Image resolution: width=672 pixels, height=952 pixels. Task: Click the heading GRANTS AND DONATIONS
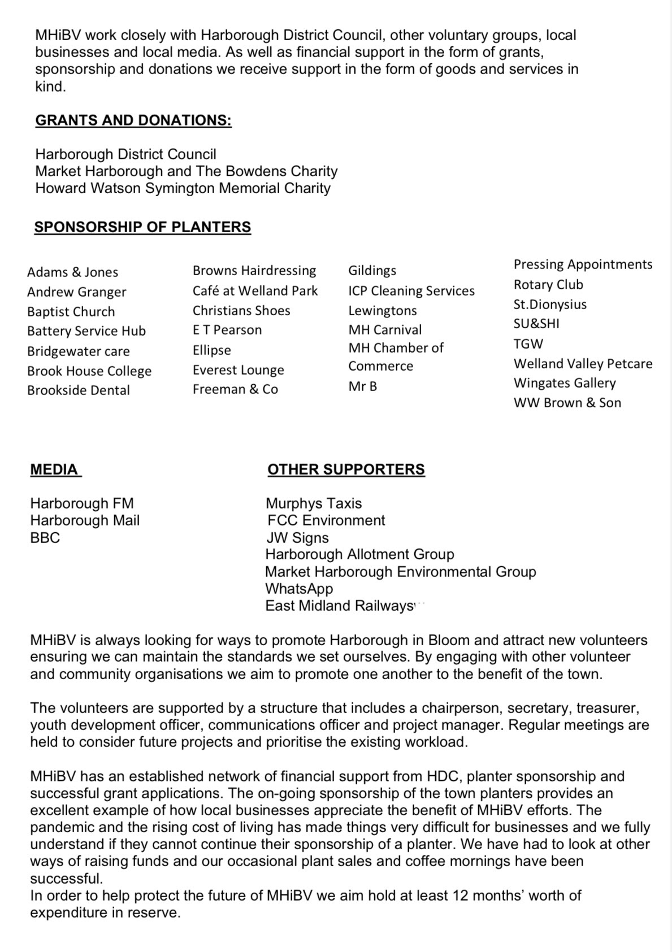click(133, 120)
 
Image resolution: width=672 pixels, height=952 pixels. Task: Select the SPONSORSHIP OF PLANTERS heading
click(142, 227)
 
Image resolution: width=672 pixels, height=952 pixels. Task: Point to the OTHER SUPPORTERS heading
click(346, 470)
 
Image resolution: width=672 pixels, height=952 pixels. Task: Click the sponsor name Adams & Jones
click(72, 272)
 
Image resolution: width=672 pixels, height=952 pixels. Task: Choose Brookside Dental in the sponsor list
click(79, 390)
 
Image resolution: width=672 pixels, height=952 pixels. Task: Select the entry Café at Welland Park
click(255, 291)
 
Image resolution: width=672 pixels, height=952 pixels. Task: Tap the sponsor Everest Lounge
click(238, 370)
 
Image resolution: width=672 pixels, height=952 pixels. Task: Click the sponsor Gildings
click(372, 271)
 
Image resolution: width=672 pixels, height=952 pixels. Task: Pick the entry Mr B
click(362, 386)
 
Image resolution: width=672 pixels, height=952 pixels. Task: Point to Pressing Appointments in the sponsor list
click(583, 264)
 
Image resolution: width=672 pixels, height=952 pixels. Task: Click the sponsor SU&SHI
click(536, 324)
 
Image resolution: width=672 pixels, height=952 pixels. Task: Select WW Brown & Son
click(567, 403)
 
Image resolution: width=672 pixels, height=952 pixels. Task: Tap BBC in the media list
click(45, 538)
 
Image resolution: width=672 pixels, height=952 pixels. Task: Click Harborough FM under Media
click(82, 503)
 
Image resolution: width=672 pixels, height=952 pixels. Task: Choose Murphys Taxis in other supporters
click(314, 503)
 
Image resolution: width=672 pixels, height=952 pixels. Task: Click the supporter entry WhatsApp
click(299, 589)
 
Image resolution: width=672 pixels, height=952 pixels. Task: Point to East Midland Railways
click(340, 606)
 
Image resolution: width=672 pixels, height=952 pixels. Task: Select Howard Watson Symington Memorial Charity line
click(183, 188)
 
